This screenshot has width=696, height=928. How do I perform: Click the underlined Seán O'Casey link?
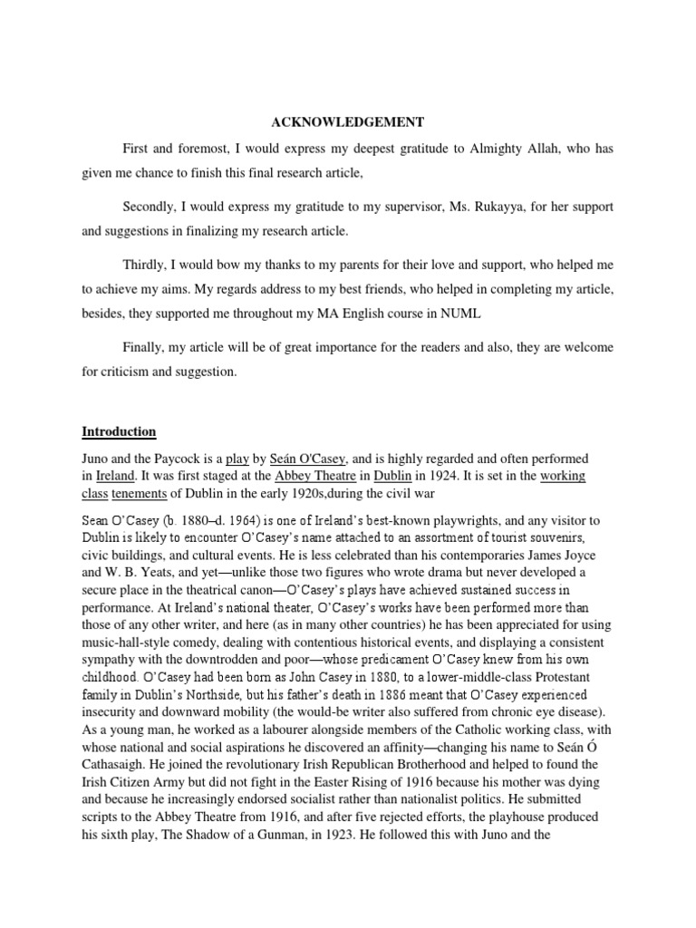(x=308, y=459)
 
